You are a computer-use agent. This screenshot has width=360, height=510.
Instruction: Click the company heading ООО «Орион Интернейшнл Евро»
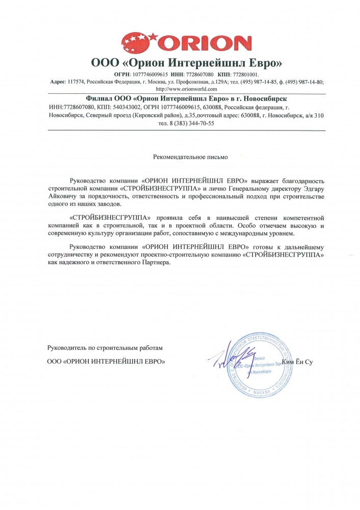pyautogui.click(x=186, y=63)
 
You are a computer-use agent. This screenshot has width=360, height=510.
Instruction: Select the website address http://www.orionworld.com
pyautogui.click(x=186, y=89)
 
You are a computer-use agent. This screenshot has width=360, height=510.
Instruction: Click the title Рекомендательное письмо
pyautogui.click(x=191, y=157)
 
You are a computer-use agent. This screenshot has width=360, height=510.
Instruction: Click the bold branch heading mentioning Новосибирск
pyautogui.click(x=186, y=97)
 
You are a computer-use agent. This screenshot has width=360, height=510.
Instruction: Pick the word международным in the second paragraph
pyautogui.click(x=240, y=233)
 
